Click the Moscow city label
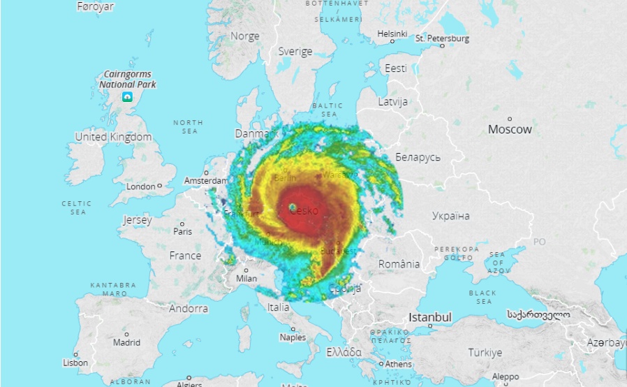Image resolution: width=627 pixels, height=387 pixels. tap(510, 129)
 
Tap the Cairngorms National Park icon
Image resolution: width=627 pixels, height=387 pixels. tap(127, 97)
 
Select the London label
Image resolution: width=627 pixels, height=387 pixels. tap(141, 187)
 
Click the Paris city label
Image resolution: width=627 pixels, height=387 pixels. tap(183, 231)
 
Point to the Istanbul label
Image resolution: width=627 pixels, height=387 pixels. tap(430, 317)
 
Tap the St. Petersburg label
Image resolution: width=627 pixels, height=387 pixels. tap(442, 38)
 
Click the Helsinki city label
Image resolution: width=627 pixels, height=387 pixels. tap(392, 34)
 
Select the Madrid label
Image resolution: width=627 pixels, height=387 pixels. tap(126, 342)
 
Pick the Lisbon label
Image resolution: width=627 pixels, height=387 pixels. tap(75, 363)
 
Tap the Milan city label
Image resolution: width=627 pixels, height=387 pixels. tap(246, 278)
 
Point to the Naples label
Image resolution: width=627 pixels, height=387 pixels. tap(293, 337)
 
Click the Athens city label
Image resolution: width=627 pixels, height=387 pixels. tap(399, 364)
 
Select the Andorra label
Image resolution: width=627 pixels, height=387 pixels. tap(188, 308)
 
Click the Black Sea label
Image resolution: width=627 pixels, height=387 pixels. tap(483, 297)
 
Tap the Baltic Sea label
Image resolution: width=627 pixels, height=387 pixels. tap(327, 110)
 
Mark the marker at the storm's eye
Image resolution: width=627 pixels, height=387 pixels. tap(292, 207)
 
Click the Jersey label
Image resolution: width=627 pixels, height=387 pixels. tap(137, 220)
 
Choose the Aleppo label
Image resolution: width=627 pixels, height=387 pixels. tap(506, 377)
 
